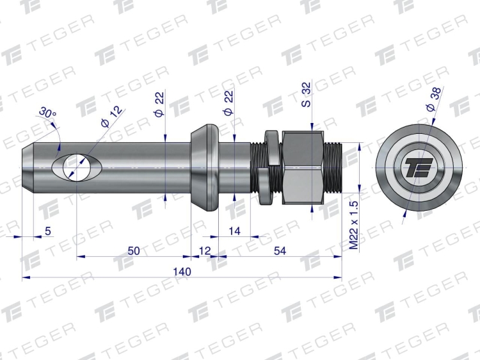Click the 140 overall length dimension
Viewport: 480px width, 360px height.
click(182, 272)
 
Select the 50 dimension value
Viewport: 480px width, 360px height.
click(134, 251)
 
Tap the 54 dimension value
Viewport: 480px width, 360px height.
click(280, 251)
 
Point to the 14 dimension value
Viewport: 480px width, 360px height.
click(234, 231)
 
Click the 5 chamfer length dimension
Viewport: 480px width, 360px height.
click(48, 231)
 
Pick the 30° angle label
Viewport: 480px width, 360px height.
click(47, 113)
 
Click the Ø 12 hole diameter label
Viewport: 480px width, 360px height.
click(111, 117)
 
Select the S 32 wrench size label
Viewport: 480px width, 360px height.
click(306, 94)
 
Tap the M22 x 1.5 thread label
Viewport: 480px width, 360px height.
click(353, 225)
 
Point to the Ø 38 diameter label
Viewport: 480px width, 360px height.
click(434, 99)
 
